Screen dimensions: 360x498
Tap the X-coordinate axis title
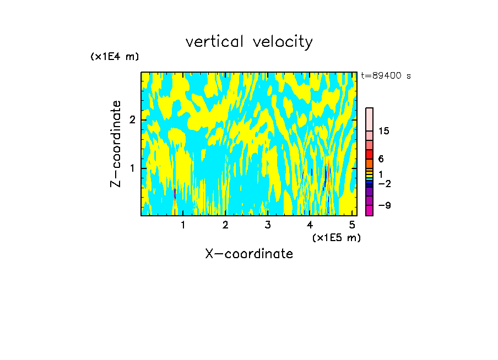tap(249, 254)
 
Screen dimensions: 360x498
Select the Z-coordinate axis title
tap(116, 144)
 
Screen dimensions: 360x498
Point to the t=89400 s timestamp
tap(386, 76)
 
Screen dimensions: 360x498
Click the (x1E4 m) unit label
tap(115, 57)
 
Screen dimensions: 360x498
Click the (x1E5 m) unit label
tap(336, 237)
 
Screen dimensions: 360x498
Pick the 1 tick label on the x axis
tap(183, 225)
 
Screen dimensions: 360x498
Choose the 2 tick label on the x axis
tap(225, 225)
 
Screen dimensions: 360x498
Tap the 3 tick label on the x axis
tap(267, 225)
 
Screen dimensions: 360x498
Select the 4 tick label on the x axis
tap(310, 225)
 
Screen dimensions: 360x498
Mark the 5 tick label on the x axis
tap(352, 225)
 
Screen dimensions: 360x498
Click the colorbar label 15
tap(384, 131)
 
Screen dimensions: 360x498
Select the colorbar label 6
tap(381, 159)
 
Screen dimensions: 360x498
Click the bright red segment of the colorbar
tap(369, 154)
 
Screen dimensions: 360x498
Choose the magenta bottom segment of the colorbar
tap(369, 210)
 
